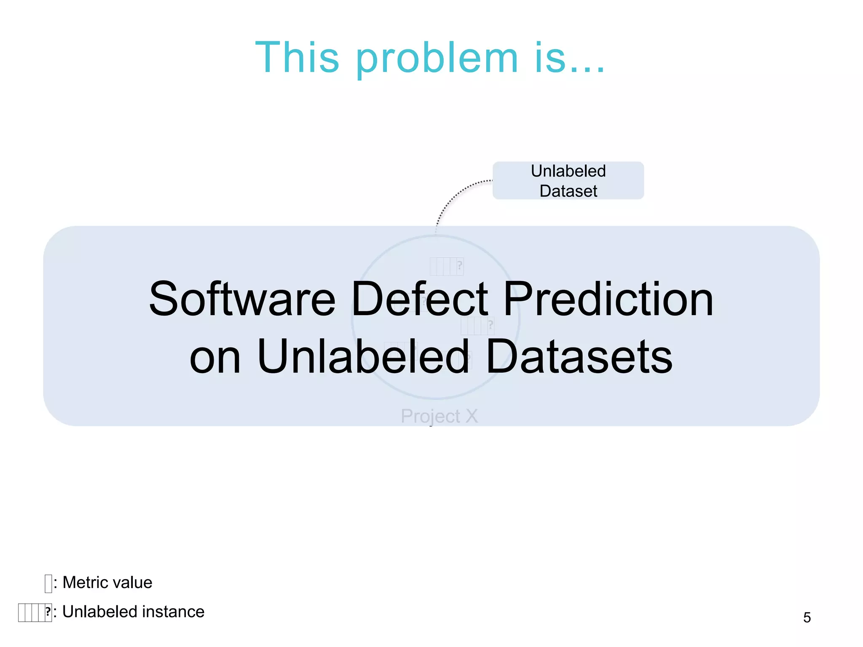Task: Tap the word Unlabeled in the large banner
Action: click(363, 357)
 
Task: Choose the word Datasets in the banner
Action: click(579, 357)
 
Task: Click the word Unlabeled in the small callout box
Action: click(568, 171)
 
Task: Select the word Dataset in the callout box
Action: click(568, 191)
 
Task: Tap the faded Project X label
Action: click(439, 416)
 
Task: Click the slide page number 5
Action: click(807, 618)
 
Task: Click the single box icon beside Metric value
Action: click(48, 583)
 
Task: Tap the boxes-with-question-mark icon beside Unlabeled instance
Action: click(35, 612)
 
